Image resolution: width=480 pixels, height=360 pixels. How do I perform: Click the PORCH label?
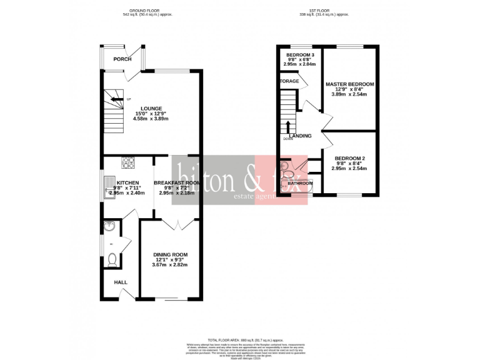coord(122,59)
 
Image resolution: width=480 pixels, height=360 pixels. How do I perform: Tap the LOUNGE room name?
coord(151,107)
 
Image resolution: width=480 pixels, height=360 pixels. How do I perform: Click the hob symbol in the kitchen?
coord(128,164)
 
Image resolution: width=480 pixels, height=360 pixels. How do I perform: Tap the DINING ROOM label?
coord(171,254)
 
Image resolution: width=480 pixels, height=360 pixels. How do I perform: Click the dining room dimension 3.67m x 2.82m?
coord(171,265)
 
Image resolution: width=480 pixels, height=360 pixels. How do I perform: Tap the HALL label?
coord(121,282)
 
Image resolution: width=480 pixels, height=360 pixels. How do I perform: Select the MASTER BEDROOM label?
coord(349,84)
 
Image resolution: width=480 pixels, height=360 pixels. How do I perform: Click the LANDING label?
coord(300,136)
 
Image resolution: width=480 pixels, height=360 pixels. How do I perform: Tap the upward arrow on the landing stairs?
coord(289,127)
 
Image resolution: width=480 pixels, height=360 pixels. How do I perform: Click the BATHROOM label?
coord(300,183)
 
